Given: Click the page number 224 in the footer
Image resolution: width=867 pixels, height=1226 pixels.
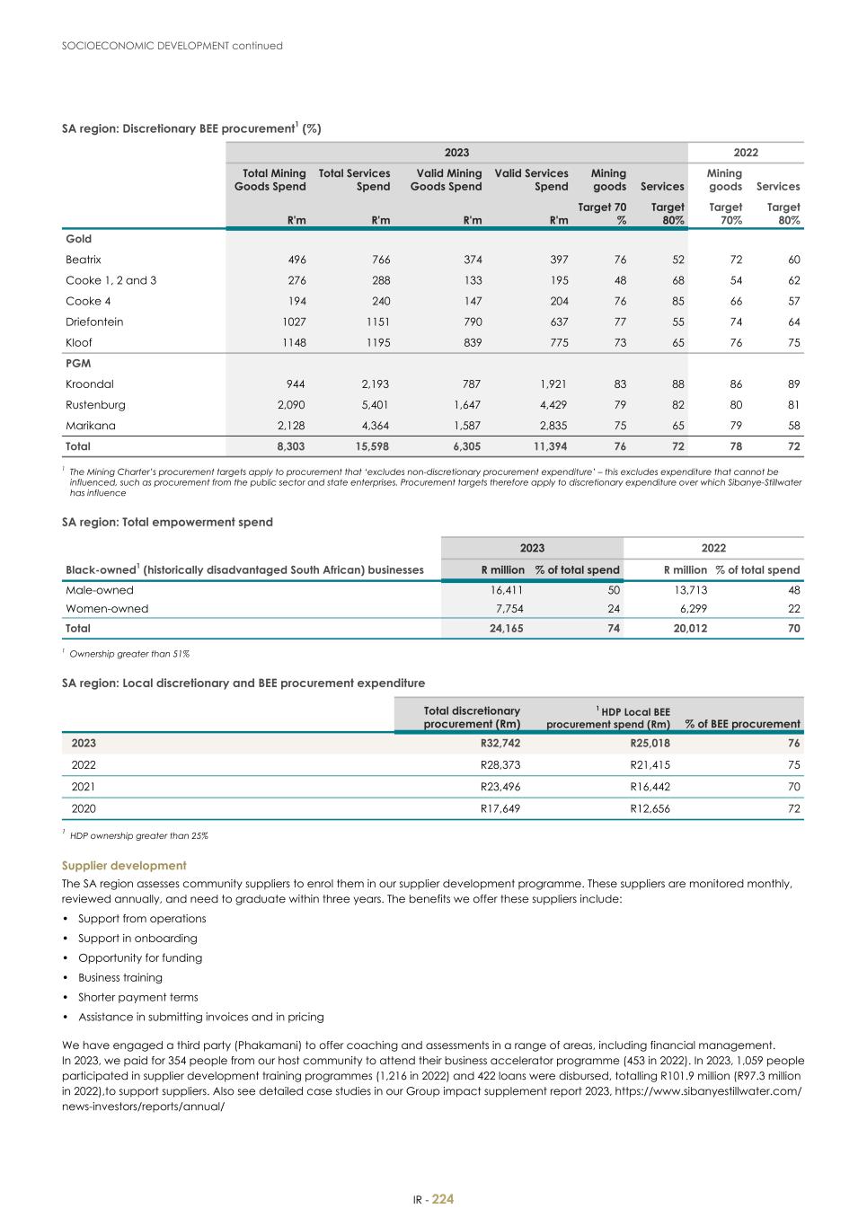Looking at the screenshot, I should pyautogui.click(x=443, y=1200).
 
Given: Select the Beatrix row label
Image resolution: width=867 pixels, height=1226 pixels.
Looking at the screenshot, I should pyautogui.click(x=84, y=260).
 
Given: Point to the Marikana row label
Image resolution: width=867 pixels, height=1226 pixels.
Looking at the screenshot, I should pyautogui.click(x=91, y=426).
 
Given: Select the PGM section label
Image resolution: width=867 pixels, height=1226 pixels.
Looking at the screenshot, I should pyautogui.click(x=78, y=364).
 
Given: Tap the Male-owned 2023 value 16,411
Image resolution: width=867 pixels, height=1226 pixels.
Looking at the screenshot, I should pyautogui.click(x=506, y=590).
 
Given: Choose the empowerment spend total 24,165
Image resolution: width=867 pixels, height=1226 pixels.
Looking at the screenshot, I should pyautogui.click(x=504, y=629).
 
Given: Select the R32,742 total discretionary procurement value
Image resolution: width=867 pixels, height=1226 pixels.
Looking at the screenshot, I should pyautogui.click(x=500, y=744).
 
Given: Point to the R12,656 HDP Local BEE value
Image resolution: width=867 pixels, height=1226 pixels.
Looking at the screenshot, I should pyautogui.click(x=650, y=808).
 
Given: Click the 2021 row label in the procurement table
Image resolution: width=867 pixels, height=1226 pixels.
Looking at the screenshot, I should pyautogui.click(x=84, y=787).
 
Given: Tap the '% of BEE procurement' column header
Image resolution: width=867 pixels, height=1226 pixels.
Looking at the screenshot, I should pyautogui.click(x=742, y=724).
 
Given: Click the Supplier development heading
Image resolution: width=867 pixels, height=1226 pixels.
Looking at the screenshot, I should pyautogui.click(x=124, y=866).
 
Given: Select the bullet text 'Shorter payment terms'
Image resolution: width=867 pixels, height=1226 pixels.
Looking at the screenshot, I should pyautogui.click(x=138, y=998).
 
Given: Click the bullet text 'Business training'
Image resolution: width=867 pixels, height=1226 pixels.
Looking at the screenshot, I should pyautogui.click(x=120, y=978).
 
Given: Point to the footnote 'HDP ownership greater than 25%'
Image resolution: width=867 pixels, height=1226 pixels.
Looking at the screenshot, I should pyautogui.click(x=138, y=836).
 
